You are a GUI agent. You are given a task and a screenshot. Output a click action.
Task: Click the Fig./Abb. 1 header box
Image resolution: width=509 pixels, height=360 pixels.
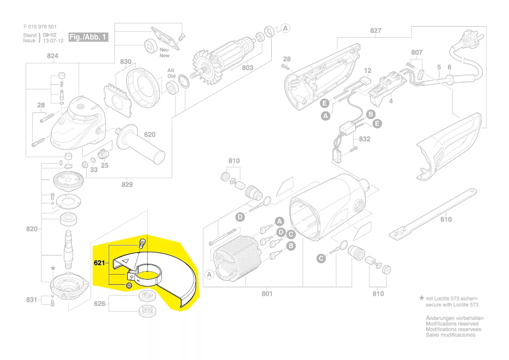(x=88, y=37)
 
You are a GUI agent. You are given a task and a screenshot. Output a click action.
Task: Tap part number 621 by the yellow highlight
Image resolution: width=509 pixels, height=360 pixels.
(x=100, y=263)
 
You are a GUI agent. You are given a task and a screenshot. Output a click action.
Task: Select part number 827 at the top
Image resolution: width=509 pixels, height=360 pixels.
(x=375, y=31)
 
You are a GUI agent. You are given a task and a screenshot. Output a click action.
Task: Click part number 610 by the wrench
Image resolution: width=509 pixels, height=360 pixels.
(x=446, y=219)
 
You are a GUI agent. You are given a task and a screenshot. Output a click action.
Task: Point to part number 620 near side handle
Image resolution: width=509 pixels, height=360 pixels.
(x=150, y=135)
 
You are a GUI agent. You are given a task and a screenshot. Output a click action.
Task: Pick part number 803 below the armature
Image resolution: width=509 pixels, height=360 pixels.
(x=247, y=68)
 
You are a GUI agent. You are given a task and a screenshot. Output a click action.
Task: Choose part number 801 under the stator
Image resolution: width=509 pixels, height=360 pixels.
(x=267, y=293)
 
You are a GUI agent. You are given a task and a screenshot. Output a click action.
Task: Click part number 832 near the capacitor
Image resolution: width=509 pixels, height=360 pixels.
(x=364, y=139)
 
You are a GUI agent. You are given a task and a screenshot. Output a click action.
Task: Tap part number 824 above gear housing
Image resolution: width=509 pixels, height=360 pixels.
(x=52, y=56)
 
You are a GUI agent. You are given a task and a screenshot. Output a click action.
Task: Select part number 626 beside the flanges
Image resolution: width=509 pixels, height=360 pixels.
(x=100, y=303)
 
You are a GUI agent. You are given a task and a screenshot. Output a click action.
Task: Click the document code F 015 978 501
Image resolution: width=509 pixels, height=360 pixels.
(x=40, y=27)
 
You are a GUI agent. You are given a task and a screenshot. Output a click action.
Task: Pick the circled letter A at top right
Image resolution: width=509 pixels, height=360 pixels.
(x=285, y=28)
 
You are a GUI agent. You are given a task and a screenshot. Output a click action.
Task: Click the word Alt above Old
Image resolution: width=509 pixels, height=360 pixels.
(x=172, y=70)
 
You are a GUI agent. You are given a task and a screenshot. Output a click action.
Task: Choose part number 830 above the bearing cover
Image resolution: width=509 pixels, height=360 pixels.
(x=125, y=62)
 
